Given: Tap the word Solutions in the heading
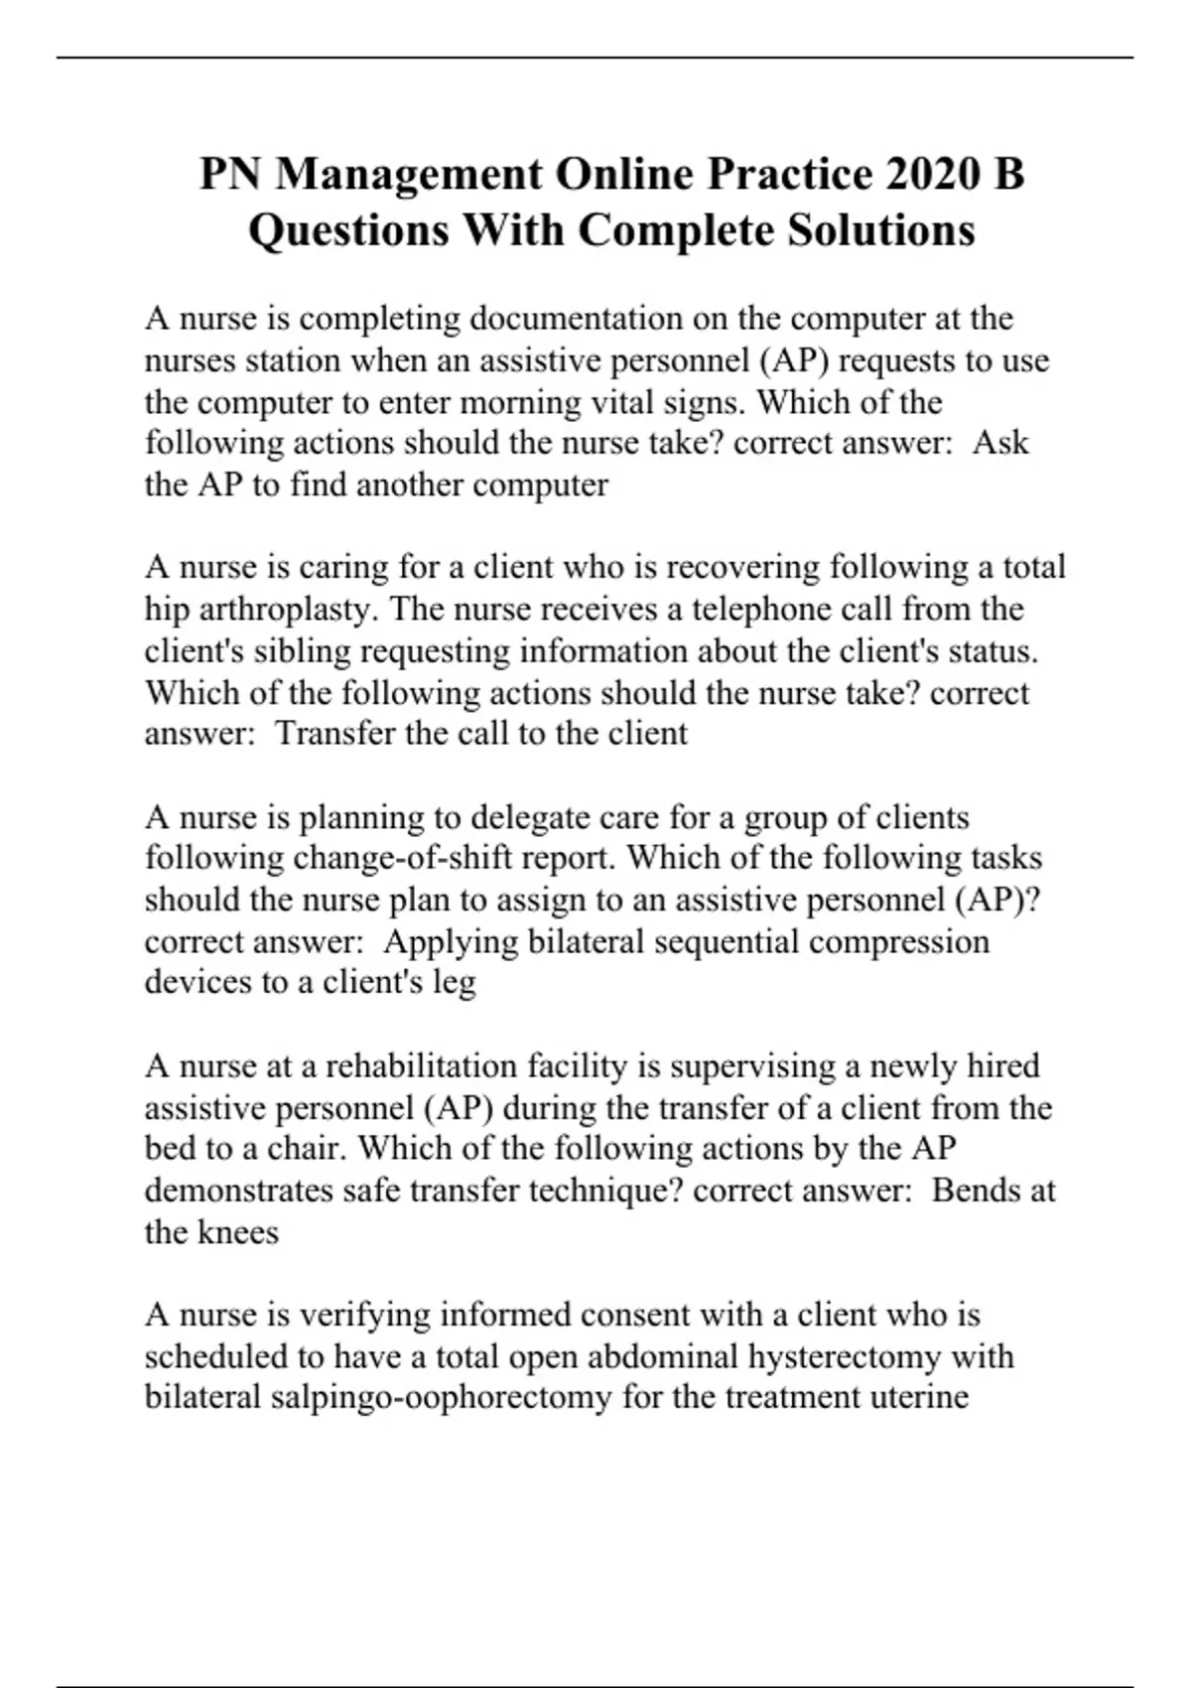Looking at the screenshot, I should pyautogui.click(x=881, y=231).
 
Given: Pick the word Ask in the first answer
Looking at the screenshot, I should pyautogui.click(x=1000, y=443).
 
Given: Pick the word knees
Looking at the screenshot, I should pyautogui.click(x=238, y=1232).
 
